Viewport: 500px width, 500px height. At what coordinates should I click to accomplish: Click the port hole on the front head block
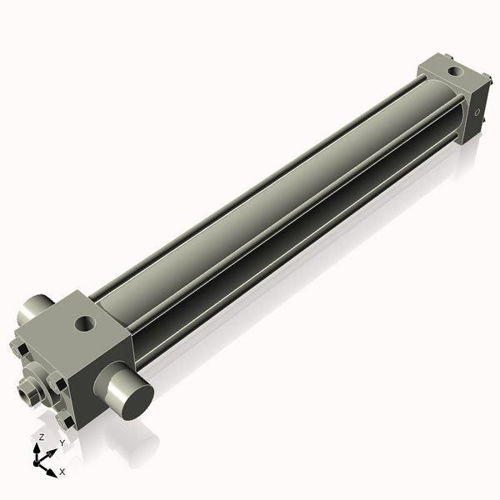[84, 322]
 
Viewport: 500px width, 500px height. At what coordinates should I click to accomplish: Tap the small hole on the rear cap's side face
[477, 110]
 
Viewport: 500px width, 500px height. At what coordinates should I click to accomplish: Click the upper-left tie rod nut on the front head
[22, 348]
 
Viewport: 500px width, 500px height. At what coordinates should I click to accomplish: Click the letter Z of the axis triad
[41, 437]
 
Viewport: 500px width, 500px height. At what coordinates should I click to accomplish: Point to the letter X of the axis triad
[62, 472]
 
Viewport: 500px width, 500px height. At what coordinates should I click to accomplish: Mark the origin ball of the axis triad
[38, 460]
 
